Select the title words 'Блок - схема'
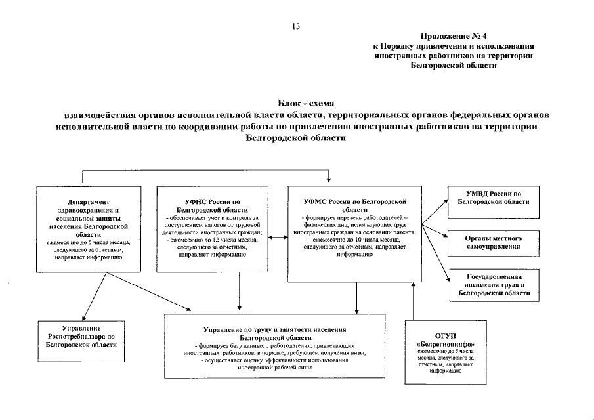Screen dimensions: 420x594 tap(297, 104)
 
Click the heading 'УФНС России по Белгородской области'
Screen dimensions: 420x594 tap(212, 205)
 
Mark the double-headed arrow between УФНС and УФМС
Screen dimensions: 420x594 tap(278, 236)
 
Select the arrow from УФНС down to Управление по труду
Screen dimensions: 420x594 tap(238, 291)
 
